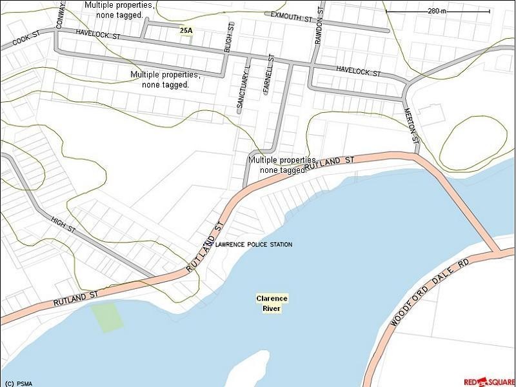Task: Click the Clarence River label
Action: click(x=272, y=303)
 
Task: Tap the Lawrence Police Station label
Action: click(x=253, y=245)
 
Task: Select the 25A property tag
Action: click(x=186, y=30)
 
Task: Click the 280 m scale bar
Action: click(x=437, y=11)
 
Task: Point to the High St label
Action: click(x=63, y=225)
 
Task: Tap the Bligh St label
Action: click(x=229, y=38)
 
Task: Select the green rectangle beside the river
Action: click(x=107, y=317)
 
